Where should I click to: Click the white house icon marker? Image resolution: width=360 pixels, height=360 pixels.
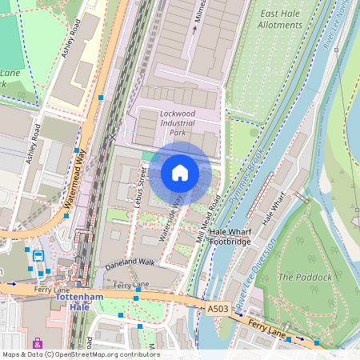pyautogui.click(x=180, y=173)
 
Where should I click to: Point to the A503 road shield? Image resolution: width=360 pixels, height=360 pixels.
pyautogui.click(x=217, y=307)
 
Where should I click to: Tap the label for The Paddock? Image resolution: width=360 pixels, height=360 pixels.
pyautogui.click(x=304, y=277)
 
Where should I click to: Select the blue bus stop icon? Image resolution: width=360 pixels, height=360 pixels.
pyautogui.click(x=38, y=256)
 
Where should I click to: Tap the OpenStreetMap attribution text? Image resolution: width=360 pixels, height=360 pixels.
pyautogui.click(x=80, y=354)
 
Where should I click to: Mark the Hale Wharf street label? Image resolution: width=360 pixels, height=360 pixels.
pyautogui.click(x=273, y=208)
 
